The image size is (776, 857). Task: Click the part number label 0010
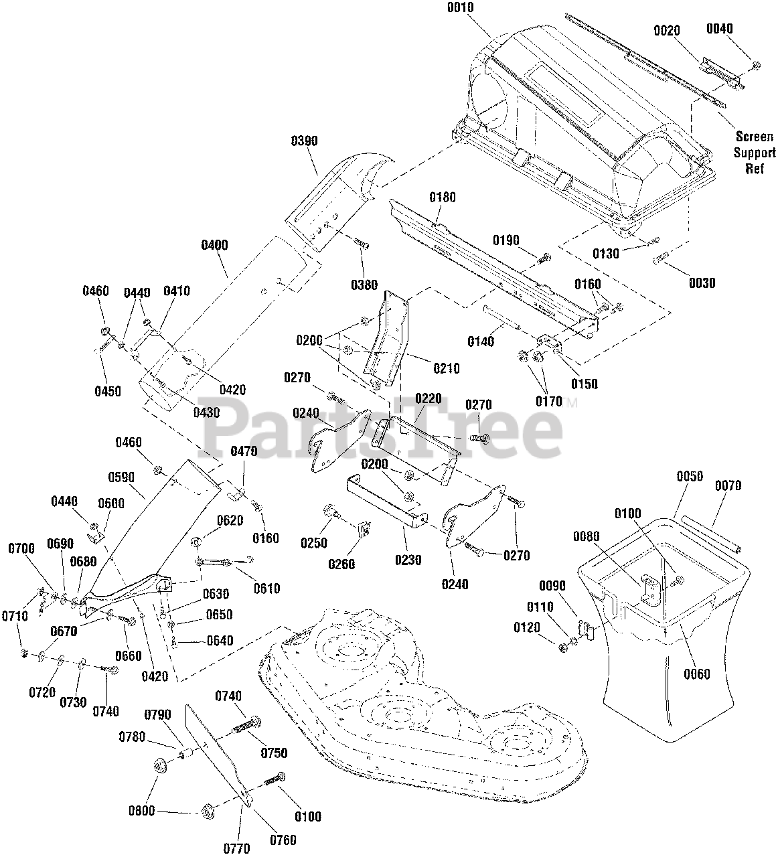tap(461, 7)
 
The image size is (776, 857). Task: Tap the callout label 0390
tap(304, 141)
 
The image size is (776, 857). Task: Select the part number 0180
tap(443, 198)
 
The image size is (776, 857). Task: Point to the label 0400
tap(214, 245)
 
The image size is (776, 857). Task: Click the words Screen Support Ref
tap(755, 153)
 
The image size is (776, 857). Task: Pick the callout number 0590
tap(121, 477)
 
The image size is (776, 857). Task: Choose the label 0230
tap(408, 560)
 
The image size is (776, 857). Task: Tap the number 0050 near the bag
tap(690, 476)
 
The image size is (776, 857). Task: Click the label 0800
tap(142, 811)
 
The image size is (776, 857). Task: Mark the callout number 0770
tap(237, 848)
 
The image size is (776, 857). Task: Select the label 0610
tap(267, 589)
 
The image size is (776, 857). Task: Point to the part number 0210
tap(447, 368)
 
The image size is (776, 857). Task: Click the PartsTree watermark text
tap(382, 428)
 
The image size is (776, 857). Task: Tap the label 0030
tap(702, 283)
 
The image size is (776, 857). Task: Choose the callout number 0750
tap(275, 753)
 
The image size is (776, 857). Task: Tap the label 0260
tap(342, 564)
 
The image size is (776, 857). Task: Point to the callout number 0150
tap(585, 384)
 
